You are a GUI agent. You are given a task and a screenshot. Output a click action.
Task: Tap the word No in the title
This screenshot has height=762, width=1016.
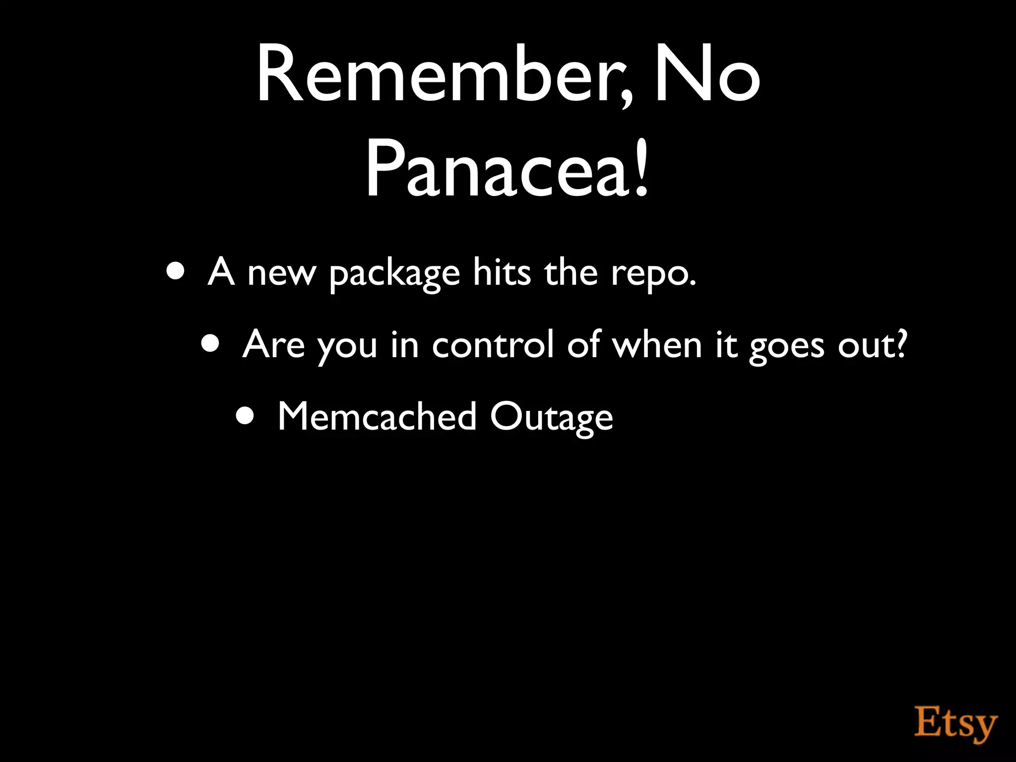point(707,74)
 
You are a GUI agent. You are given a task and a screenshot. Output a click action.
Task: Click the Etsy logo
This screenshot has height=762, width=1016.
point(955,725)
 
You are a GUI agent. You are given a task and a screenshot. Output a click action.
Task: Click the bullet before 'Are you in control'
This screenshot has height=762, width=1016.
point(211,344)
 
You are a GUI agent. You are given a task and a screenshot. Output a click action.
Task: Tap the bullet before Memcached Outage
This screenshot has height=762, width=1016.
point(246,416)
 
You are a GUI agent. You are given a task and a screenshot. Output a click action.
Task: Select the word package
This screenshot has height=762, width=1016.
point(394,274)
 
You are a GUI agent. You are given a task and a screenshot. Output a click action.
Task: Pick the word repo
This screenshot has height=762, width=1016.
point(652,274)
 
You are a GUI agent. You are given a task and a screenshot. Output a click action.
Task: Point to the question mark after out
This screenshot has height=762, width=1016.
point(901,342)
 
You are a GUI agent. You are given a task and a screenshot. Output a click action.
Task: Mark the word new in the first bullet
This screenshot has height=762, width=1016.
point(281,274)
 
